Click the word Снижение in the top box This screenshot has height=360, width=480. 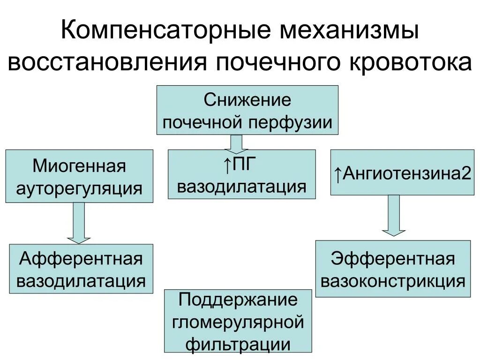[x=247, y=100]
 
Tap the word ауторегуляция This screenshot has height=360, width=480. [x=79, y=188]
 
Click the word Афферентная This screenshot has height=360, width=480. [x=81, y=259]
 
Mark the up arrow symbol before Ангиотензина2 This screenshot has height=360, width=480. [x=337, y=174]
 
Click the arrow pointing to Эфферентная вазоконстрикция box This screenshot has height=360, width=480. [x=393, y=215]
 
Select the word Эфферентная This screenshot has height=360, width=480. [x=393, y=259]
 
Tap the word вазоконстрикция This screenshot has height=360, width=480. [x=393, y=281]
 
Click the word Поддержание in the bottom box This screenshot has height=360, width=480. [x=238, y=300]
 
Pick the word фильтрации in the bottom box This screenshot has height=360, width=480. [x=238, y=345]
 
